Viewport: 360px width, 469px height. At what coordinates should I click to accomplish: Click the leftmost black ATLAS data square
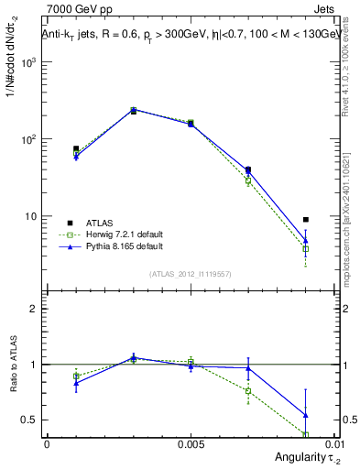(76, 148)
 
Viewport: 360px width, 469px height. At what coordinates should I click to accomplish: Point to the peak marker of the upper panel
(134, 110)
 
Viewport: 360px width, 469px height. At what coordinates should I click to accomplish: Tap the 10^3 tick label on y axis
(28, 62)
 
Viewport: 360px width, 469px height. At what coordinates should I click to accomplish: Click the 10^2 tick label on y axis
(28, 139)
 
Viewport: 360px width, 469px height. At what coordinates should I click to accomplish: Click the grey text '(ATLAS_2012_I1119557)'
(191, 274)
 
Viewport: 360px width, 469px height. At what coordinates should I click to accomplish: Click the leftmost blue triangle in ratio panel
(76, 383)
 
